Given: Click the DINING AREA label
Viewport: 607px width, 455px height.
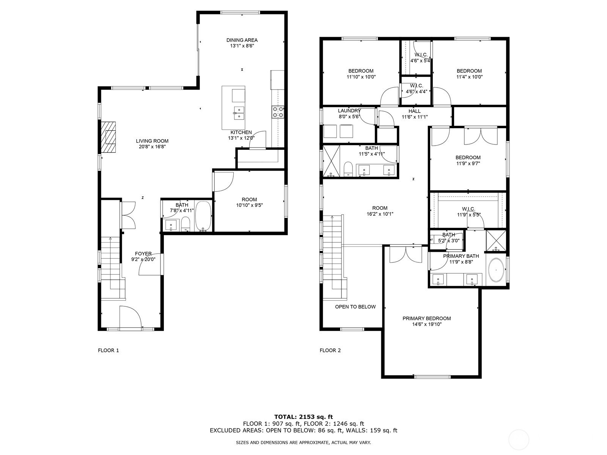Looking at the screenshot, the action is click(242, 40).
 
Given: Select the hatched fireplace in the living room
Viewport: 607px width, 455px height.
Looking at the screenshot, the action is click(108, 137).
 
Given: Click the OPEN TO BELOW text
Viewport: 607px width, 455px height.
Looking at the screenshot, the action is click(355, 307).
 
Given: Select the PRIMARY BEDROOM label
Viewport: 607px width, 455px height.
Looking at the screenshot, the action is click(427, 318).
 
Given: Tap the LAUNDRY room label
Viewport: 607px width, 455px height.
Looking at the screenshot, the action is click(349, 111).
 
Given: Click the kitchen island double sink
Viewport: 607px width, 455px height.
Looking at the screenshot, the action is click(239, 113).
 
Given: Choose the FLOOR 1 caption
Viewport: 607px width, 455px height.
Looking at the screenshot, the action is click(109, 350).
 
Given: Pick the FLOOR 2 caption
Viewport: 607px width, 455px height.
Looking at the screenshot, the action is click(330, 350).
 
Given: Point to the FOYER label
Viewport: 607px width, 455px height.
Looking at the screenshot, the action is click(143, 254).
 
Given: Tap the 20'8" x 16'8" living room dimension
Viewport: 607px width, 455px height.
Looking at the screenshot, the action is click(152, 147).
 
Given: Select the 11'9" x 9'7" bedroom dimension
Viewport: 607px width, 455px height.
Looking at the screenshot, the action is click(468, 163).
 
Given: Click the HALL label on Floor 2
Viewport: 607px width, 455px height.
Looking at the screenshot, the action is click(415, 111).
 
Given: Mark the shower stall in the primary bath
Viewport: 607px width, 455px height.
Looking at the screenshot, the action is click(496, 241).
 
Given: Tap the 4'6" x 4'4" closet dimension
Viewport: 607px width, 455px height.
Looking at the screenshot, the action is click(416, 91).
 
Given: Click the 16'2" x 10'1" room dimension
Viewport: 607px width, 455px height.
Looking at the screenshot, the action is click(380, 214).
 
